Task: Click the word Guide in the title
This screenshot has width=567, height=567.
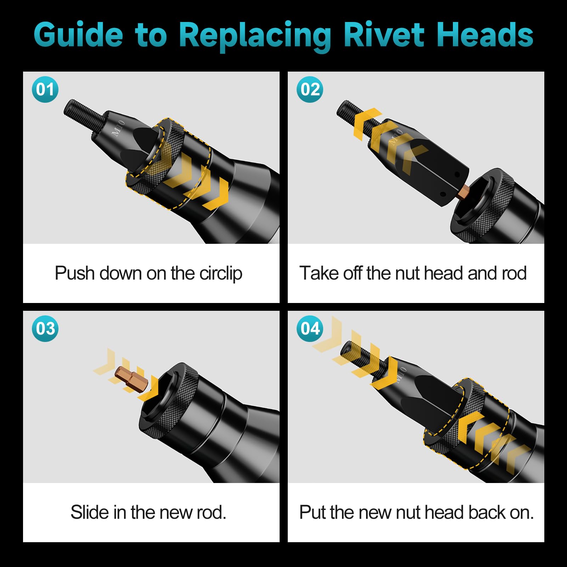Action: pos(78,35)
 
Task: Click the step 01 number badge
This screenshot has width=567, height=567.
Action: pos(45,89)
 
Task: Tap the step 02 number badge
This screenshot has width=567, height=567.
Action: pos(310,89)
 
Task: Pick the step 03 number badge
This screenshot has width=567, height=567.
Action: pos(45,329)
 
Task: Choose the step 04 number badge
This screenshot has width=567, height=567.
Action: pos(310,329)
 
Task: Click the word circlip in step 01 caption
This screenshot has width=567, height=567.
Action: pos(220,274)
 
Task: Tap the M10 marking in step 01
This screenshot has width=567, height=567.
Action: pos(118,128)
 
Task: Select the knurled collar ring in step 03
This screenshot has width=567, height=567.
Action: pos(168,397)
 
